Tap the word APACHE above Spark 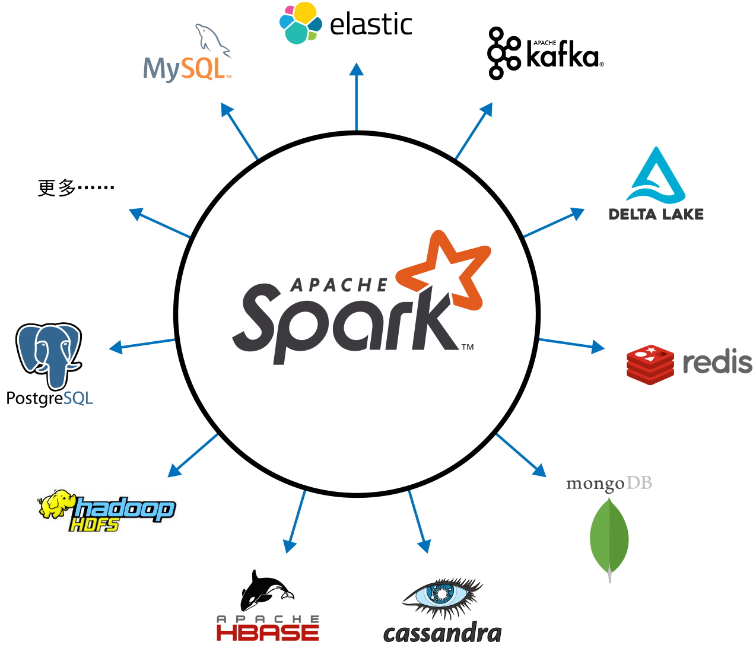(339, 285)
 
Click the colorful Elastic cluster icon (300, 23)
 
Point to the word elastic (371, 24)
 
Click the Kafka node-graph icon (504, 53)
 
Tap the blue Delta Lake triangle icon (656, 175)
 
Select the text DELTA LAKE (656, 214)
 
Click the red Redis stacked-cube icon (650, 364)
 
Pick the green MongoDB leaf (609, 538)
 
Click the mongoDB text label (609, 484)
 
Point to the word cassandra (442, 633)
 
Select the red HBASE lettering (268, 633)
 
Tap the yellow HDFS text (94, 525)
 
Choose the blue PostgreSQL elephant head (48, 354)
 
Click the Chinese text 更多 (57, 188)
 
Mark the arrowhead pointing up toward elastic (356, 69)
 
